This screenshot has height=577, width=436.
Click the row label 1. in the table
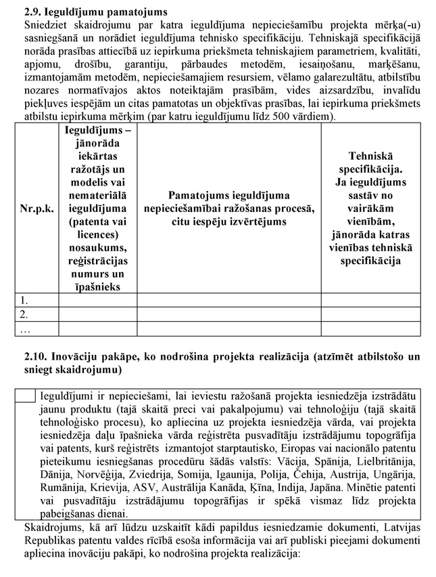click(25, 299)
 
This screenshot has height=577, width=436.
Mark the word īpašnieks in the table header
click(98, 287)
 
